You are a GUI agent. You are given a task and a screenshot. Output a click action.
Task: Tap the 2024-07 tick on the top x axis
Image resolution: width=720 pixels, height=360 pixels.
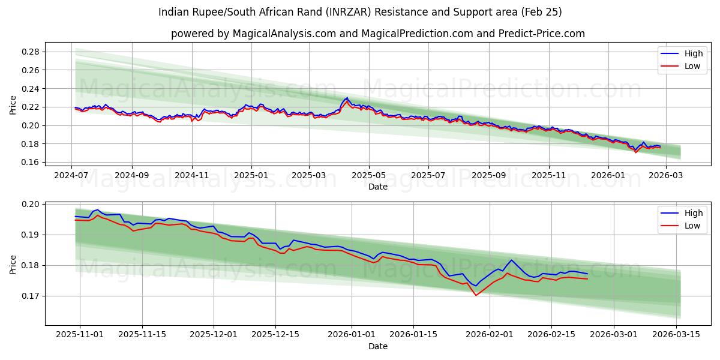click(x=72, y=175)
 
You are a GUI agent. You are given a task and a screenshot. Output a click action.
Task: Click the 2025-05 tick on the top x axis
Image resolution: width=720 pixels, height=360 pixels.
click(x=369, y=175)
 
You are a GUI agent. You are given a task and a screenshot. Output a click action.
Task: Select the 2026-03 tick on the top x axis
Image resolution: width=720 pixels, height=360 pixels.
click(x=666, y=175)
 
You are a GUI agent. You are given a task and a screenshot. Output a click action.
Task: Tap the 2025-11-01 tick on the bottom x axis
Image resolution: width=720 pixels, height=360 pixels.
click(x=80, y=335)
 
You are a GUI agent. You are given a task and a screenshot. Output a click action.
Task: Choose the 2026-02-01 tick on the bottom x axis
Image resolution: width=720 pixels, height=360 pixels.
click(x=490, y=335)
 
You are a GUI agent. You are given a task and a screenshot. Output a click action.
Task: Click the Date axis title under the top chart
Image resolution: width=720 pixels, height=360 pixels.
click(x=377, y=187)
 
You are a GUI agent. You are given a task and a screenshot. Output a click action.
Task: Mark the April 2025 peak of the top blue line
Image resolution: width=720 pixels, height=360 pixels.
click(x=346, y=98)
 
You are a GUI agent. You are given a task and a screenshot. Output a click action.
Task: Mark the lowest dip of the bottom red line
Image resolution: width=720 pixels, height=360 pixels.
click(x=476, y=295)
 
